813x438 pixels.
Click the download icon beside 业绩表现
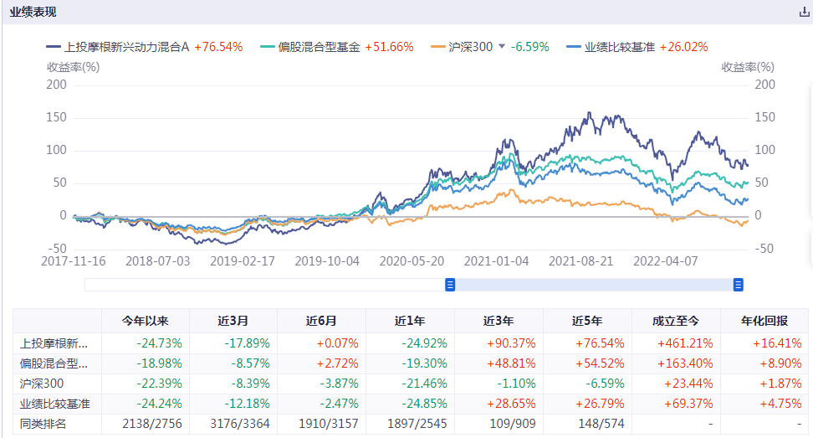tap(805, 13)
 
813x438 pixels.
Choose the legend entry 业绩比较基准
tap(620, 48)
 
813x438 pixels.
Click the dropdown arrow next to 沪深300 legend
tap(502, 47)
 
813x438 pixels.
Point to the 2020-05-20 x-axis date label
tap(412, 260)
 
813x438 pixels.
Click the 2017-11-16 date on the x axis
tap(74, 260)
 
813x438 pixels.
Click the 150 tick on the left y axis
tap(56, 117)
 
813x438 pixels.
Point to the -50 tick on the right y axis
tap(763, 249)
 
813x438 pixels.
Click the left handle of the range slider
tap(450, 285)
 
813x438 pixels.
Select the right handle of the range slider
tap(739, 285)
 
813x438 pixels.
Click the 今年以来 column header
tap(146, 321)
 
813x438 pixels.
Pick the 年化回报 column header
tap(764, 321)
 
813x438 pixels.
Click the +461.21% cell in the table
tap(676, 343)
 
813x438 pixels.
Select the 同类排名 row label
tap(44, 424)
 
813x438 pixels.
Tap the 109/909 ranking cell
tap(499, 424)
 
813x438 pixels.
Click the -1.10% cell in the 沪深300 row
tap(499, 384)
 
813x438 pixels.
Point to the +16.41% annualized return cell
tap(764, 343)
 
